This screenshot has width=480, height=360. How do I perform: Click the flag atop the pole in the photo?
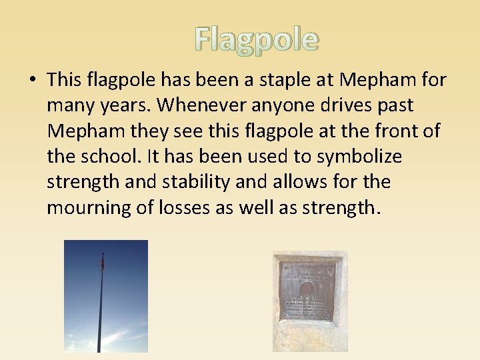102,263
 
